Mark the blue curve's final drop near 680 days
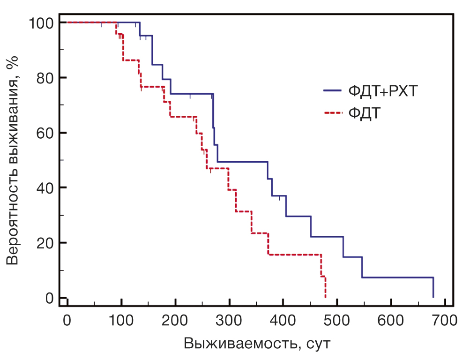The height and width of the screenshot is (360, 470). [x=433, y=287]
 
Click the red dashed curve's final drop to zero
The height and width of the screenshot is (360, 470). [x=325, y=287]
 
